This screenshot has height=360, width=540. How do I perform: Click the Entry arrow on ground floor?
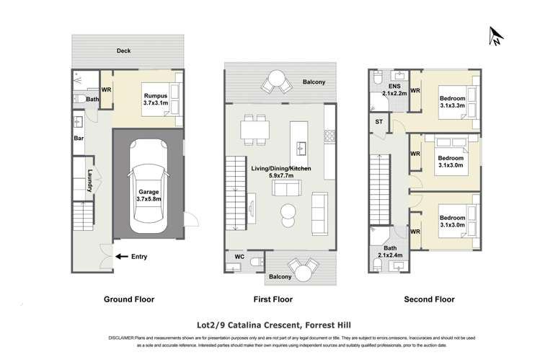(123, 255)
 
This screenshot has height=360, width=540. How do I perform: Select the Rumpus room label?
(156, 100)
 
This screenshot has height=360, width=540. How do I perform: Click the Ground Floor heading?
(129, 299)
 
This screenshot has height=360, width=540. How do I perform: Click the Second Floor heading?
(423, 299)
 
